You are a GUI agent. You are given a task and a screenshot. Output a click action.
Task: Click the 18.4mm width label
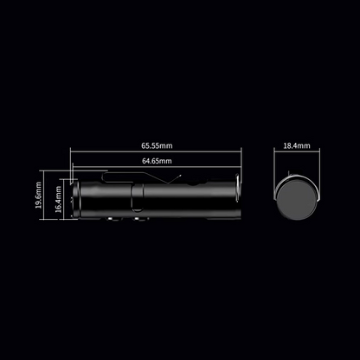296,146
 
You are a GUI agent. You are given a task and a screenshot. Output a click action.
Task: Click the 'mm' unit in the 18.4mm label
305,146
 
